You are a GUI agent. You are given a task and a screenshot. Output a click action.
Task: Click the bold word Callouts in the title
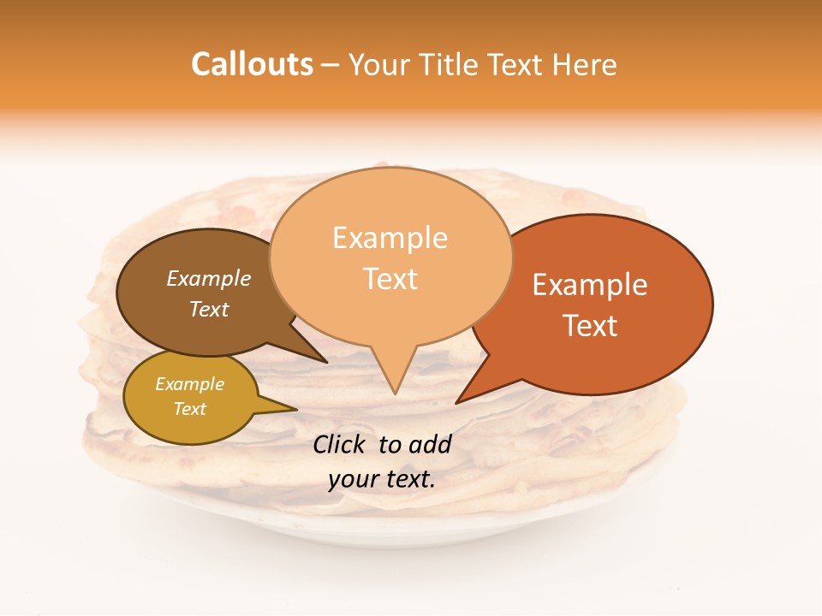pos(252,64)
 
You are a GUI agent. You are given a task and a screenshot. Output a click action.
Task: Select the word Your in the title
pos(381,64)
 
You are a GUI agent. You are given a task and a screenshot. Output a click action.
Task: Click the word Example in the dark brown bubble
pos(208,279)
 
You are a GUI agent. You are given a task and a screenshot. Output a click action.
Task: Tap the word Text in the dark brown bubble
pos(208,309)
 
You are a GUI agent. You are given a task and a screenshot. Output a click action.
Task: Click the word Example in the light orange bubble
pos(390,238)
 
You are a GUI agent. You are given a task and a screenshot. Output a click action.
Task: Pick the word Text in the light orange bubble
pos(390,279)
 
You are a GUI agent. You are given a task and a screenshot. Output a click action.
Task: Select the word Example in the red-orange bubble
pos(590,285)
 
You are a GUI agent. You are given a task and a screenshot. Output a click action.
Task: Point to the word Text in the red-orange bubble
pos(590,325)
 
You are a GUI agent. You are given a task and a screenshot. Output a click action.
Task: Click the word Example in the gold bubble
pos(189,384)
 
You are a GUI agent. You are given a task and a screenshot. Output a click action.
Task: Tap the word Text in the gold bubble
pos(189,409)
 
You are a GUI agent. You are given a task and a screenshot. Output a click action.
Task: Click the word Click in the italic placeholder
pos(340,444)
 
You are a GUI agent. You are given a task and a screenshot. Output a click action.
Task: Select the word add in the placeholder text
pos(430,444)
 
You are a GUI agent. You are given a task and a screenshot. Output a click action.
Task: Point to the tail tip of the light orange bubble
pos(395,393)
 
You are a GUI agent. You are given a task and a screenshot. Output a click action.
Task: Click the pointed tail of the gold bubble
pos(295,410)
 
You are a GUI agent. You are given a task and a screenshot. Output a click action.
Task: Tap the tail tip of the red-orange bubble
pos(456,402)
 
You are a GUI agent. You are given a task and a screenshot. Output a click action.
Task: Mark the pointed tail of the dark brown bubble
pos(326,362)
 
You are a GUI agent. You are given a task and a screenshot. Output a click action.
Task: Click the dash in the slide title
pos(331,66)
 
